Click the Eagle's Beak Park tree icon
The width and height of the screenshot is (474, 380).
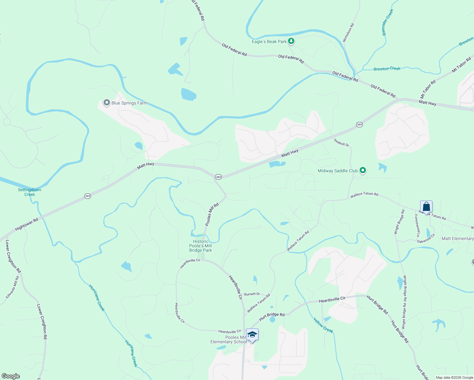point(291,41)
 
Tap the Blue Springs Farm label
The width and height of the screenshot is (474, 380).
point(129,103)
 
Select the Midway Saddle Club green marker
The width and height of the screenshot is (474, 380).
point(363,171)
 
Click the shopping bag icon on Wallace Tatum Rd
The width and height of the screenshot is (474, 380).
point(426,207)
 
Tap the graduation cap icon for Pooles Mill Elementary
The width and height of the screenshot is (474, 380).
point(252,335)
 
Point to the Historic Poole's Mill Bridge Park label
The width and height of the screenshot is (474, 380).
point(201,246)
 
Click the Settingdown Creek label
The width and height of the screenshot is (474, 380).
point(29,192)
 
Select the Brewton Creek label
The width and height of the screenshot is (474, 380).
point(387,69)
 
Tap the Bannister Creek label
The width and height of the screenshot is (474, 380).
point(388,22)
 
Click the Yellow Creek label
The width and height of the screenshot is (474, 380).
point(323,325)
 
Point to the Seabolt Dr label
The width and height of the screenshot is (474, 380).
point(341,142)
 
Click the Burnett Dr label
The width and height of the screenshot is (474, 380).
point(252,294)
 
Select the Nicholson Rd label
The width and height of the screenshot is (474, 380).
point(348,33)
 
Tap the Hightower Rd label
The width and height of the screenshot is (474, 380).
point(27,224)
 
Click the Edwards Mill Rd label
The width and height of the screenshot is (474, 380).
point(12,287)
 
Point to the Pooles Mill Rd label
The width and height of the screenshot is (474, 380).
point(212,214)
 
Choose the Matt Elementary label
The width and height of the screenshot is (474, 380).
point(458,238)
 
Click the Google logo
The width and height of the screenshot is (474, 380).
point(11,376)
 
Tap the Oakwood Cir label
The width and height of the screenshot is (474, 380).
point(426,238)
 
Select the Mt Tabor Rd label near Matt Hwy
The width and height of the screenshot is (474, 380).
point(428,89)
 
